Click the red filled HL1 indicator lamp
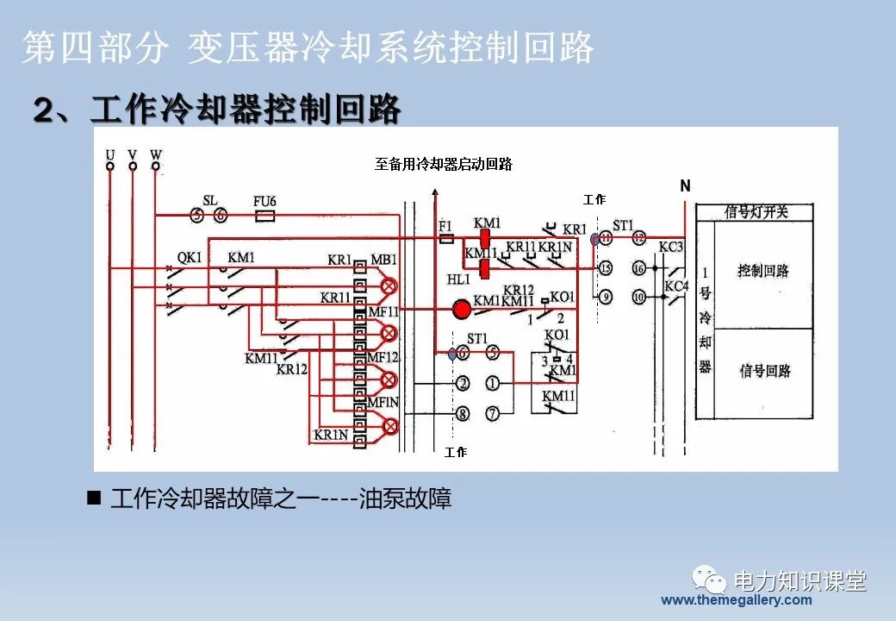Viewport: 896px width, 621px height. click(x=463, y=309)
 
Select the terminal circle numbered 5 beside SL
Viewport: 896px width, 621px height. click(x=197, y=216)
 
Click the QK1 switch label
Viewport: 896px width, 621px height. click(x=189, y=257)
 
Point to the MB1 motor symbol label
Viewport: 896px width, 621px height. click(x=383, y=260)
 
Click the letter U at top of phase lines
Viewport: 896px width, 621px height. click(x=110, y=155)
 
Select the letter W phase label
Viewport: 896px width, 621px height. click(x=156, y=155)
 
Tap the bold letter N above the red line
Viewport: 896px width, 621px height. click(x=685, y=185)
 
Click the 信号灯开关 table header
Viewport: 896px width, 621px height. click(x=756, y=211)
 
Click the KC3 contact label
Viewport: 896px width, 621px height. click(x=671, y=248)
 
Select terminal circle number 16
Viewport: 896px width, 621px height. click(x=638, y=268)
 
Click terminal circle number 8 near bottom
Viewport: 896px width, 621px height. click(x=463, y=414)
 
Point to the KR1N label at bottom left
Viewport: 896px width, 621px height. click(x=331, y=436)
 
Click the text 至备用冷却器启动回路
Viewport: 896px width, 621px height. click(x=443, y=164)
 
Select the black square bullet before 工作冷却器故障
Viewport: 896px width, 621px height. click(x=94, y=498)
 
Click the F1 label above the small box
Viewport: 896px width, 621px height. click(x=445, y=226)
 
